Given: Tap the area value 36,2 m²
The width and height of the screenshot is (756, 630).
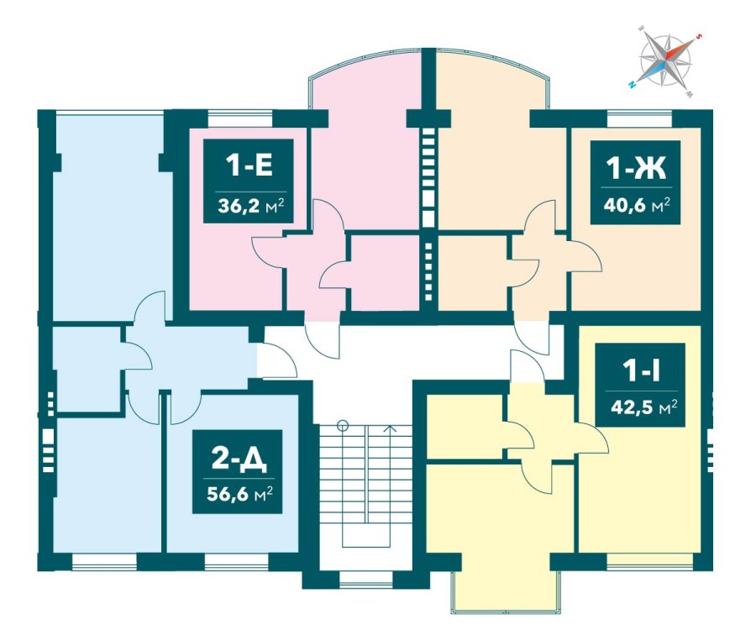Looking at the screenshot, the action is pyautogui.click(x=249, y=206).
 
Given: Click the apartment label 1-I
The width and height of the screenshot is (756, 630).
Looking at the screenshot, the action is pyautogui.click(x=641, y=370).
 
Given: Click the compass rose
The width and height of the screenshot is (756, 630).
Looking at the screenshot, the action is pyautogui.click(x=665, y=62).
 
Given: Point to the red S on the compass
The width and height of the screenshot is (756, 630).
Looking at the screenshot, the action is pyautogui.click(x=697, y=36).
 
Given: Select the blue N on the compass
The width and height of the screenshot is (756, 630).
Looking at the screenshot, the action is pyautogui.click(x=632, y=85).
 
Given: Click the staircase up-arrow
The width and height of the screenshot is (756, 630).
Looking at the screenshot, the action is pyautogui.click(x=391, y=428).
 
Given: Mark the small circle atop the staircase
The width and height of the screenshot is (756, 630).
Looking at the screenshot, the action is pyautogui.click(x=343, y=426).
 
